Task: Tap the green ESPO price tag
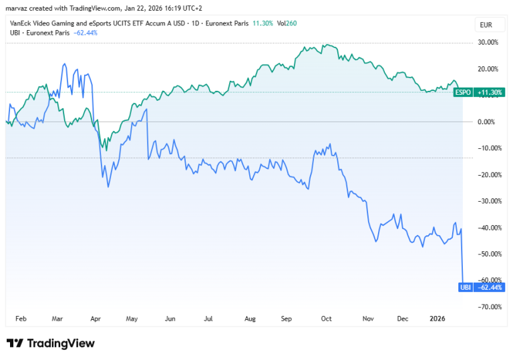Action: [x=463, y=92]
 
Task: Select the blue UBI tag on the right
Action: [x=465, y=287]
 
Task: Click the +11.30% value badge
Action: [x=489, y=92]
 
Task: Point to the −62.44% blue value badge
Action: [x=489, y=287]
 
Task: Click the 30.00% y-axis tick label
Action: [x=488, y=42]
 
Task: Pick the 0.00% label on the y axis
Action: [x=486, y=122]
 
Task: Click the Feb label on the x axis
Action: [x=21, y=319]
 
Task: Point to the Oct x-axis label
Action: [x=326, y=319]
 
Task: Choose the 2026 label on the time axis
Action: [x=438, y=319]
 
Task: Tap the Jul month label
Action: [x=208, y=319]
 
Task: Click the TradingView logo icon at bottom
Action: [x=15, y=343]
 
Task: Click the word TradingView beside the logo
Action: [x=61, y=343]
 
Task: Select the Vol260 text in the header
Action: [x=287, y=23]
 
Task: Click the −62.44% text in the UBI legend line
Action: [x=85, y=33]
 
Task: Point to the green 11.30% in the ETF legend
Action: [x=263, y=23]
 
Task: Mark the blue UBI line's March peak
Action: [x=64, y=64]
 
